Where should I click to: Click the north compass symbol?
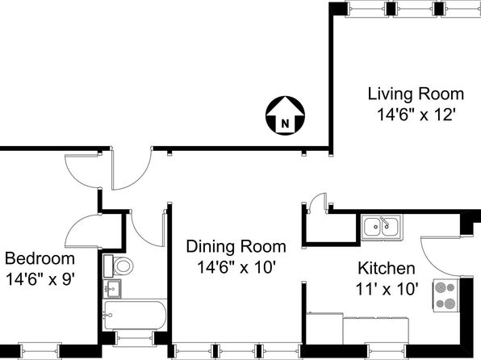pos(285,115)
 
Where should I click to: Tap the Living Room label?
pos(416,94)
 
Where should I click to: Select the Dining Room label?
pos(236,246)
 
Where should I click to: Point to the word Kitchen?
pos(387,268)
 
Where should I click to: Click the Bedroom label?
pos(40,258)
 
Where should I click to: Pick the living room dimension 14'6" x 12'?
pos(416,115)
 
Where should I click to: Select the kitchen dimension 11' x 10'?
pos(387,289)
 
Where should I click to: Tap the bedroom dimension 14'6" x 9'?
pos(40,279)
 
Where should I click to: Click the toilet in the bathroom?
pos(119,266)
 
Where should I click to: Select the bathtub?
pos(135,315)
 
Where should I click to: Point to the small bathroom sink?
pos(112,288)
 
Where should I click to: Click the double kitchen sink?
pos(381,227)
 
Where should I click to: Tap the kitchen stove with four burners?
pos(446,295)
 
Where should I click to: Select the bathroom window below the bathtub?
pos(135,339)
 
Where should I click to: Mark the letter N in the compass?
pos(285,124)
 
